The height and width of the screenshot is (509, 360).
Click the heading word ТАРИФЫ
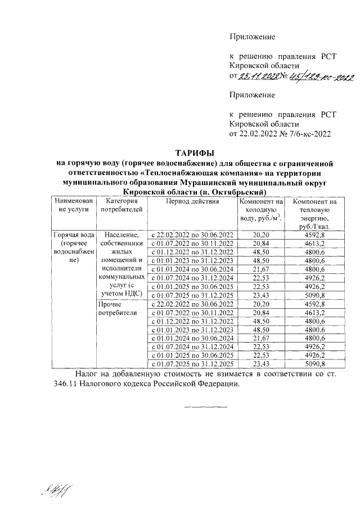point(195,153)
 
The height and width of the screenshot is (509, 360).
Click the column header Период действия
point(191,201)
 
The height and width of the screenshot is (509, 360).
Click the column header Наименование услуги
point(71,205)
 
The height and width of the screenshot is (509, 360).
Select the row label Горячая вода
point(71,234)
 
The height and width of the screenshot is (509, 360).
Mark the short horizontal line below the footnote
point(205,406)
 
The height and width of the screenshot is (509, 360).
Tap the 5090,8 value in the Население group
point(315,295)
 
